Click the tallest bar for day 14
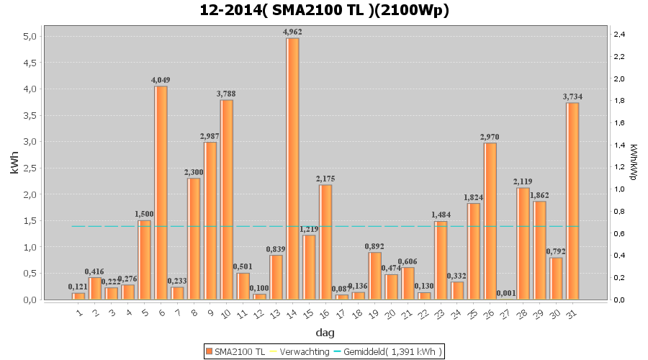[292, 168]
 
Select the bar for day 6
[161, 192]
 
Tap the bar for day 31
[572, 201]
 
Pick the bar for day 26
[490, 221]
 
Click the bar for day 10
[227, 199]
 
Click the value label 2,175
[325, 179]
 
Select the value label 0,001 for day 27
[506, 293]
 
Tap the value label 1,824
[474, 197]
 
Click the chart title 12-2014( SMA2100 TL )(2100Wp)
[324, 11]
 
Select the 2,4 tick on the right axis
[619, 34]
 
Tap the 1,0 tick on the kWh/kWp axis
[619, 189]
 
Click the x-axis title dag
[324, 333]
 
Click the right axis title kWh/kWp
[633, 161]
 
